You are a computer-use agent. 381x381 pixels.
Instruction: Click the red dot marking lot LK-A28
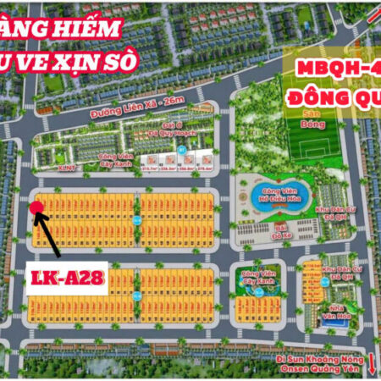pyautogui.click(x=35, y=207)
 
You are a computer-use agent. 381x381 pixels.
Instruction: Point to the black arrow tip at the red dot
pyautogui.click(x=38, y=213)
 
